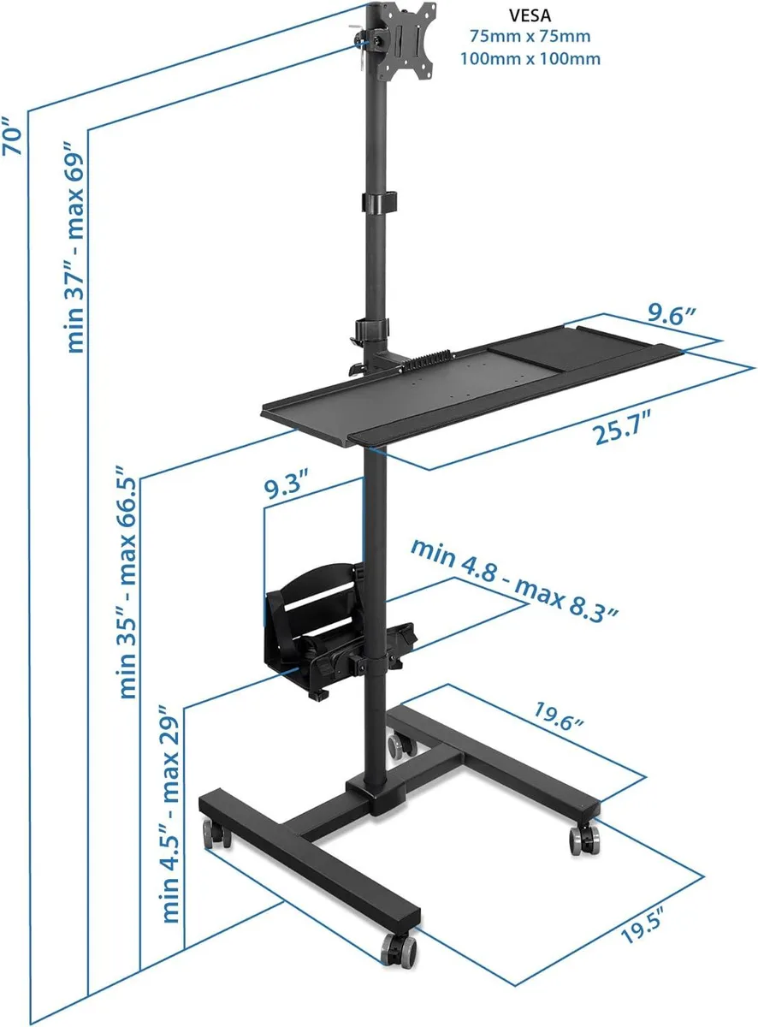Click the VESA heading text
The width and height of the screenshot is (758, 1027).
coord(530,15)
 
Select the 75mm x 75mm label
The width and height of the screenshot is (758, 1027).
coord(530,36)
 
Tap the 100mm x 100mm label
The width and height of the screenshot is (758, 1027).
coord(530,59)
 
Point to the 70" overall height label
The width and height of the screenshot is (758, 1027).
coord(12,137)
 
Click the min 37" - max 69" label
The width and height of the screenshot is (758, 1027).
coord(75,246)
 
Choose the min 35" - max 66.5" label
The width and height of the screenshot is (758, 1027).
coord(127,583)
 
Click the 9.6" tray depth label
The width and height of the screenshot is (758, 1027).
coord(672,315)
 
